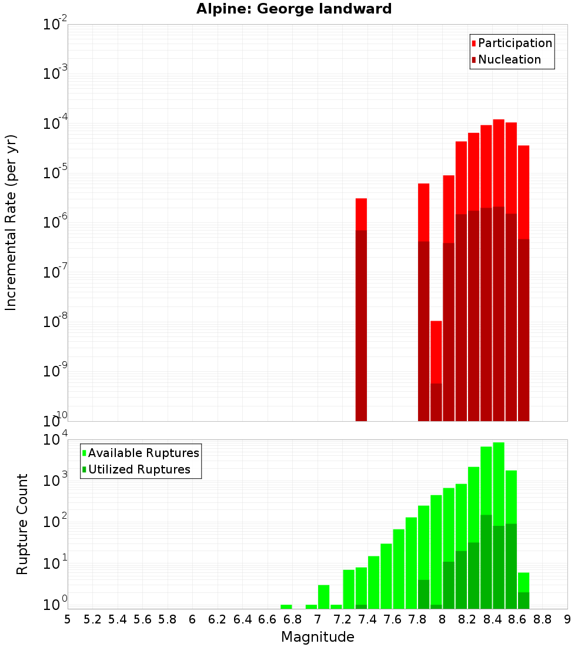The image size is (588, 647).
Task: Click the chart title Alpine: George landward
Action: pos(294,9)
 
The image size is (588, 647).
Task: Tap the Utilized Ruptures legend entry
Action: pos(139,469)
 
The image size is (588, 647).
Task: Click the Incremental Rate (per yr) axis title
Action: pos(11,222)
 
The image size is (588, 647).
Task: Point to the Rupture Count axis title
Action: pos(22,523)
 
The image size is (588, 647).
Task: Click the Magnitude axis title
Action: pos(318,637)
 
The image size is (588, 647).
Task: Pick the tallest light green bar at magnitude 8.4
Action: pos(499,482)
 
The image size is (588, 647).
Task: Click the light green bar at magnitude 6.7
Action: pos(286,606)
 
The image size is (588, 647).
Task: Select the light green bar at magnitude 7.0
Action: pos(323,596)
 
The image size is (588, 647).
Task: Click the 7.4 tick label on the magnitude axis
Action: pos(367,619)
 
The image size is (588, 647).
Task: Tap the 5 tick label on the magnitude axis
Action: pos(68,619)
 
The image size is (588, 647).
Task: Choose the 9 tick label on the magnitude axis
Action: pos(567,619)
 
